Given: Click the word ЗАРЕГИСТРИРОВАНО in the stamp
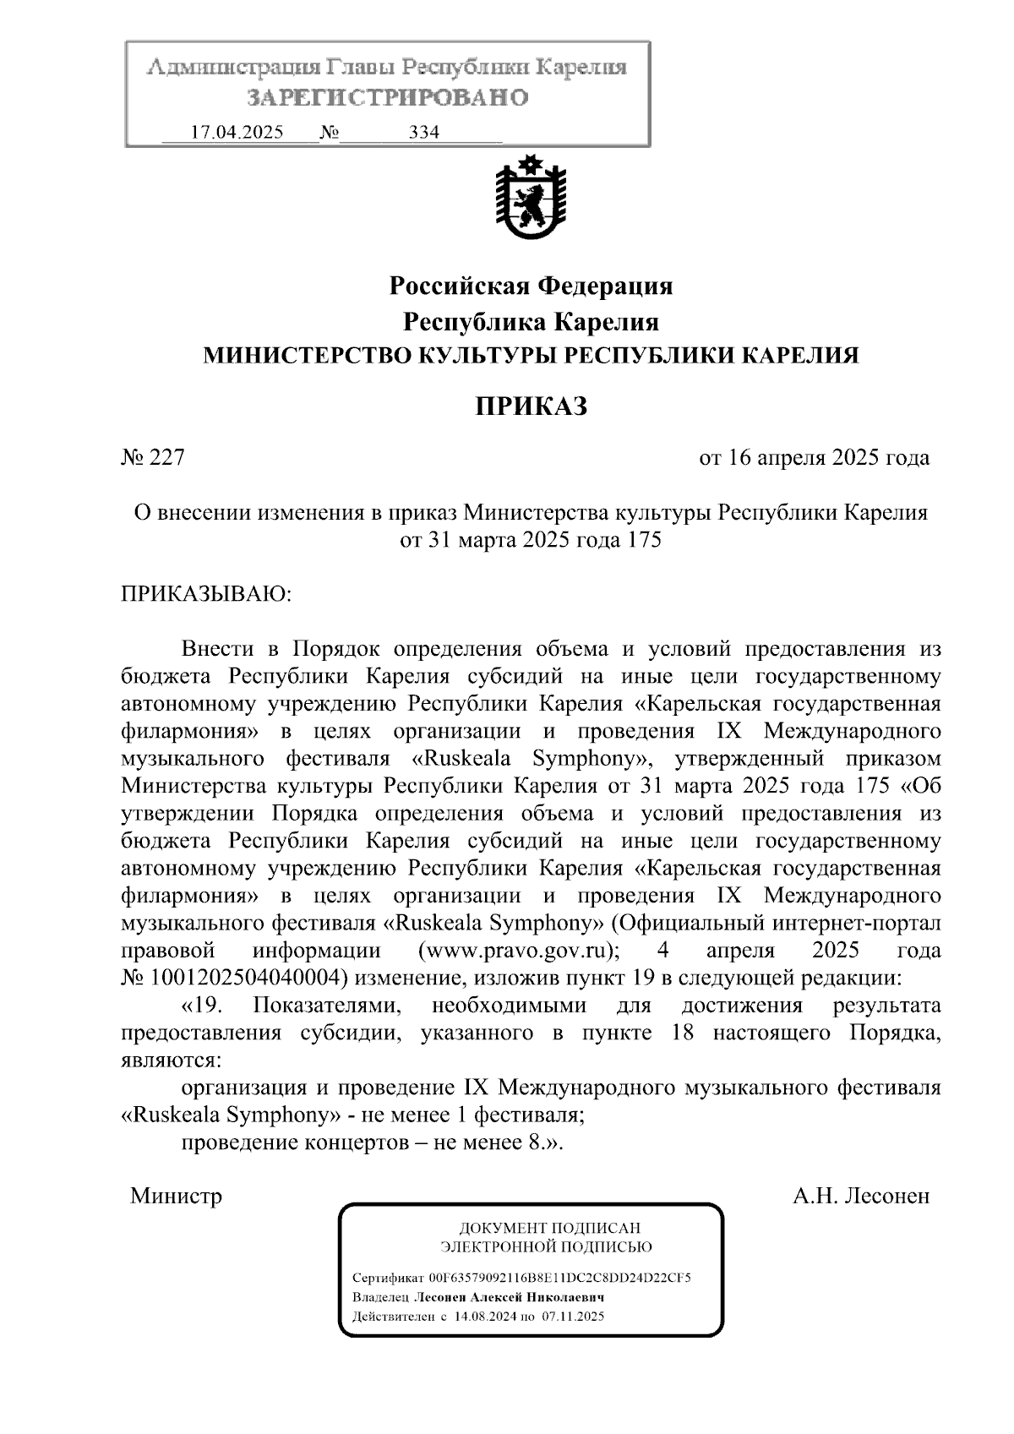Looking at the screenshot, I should click(x=388, y=98).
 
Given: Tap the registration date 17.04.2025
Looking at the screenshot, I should click(x=237, y=133).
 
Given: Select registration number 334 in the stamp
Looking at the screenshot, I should click(x=424, y=133).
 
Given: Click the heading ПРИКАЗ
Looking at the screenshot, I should click(x=530, y=406).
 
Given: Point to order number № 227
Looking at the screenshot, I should click(x=153, y=458).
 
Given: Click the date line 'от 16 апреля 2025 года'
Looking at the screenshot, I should click(x=814, y=458).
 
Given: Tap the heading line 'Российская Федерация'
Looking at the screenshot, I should click(x=531, y=286).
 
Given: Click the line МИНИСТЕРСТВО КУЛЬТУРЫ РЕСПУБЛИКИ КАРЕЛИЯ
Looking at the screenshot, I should click(x=531, y=356).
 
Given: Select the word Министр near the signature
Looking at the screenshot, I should click(x=176, y=1196).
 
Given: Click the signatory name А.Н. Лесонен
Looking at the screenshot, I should click(x=860, y=1196).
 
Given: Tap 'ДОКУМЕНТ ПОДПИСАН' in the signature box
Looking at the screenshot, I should click(x=549, y=1228).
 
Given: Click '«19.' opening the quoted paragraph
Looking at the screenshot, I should click(x=200, y=1006).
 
